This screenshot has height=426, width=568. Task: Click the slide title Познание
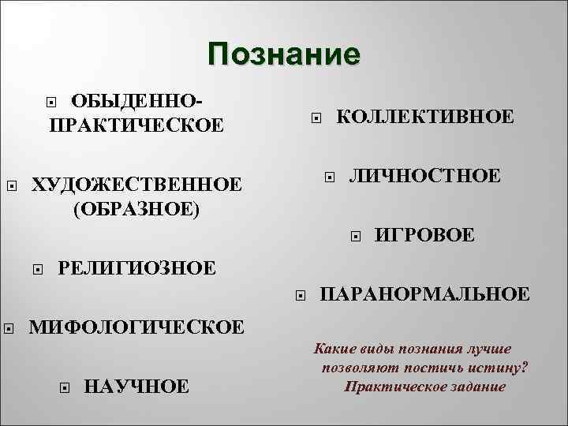tap(284, 54)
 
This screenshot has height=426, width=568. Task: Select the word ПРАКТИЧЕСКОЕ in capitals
tap(136, 125)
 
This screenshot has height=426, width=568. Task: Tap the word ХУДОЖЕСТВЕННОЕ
tap(136, 185)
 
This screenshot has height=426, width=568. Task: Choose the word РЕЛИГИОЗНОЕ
tap(136, 268)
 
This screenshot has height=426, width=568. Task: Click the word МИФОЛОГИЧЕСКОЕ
tap(136, 327)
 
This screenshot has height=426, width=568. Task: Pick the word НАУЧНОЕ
tap(136, 386)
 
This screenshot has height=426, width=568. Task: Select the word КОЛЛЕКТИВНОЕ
tap(425, 117)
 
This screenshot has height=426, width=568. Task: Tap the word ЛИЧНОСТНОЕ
tap(425, 175)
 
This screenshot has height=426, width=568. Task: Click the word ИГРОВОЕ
tap(424, 234)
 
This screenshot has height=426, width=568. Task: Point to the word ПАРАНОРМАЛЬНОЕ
tap(424, 294)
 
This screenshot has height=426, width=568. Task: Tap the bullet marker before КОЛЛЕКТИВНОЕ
tap(316, 119)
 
